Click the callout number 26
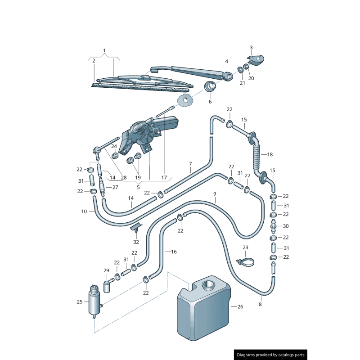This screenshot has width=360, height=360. coord(240,307)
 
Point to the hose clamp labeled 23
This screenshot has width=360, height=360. coord(245,261)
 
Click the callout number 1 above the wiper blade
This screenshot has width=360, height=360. coord(104,50)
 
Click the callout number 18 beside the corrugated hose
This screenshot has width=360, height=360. coord(270,154)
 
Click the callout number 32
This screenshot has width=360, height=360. coord(136,242)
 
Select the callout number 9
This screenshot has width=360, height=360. coord(215,194)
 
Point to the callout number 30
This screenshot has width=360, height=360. coord(286,226)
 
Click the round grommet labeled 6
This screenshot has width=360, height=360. coord(210,87)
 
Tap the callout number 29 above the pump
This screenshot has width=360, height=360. coord(106,270)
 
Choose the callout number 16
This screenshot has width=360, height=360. coord(174,252)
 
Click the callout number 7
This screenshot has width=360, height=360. coord(190,163)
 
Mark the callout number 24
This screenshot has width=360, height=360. coord(114,146)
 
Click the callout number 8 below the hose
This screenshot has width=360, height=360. coord(260,304)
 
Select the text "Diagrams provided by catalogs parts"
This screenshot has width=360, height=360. coord(271,355)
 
